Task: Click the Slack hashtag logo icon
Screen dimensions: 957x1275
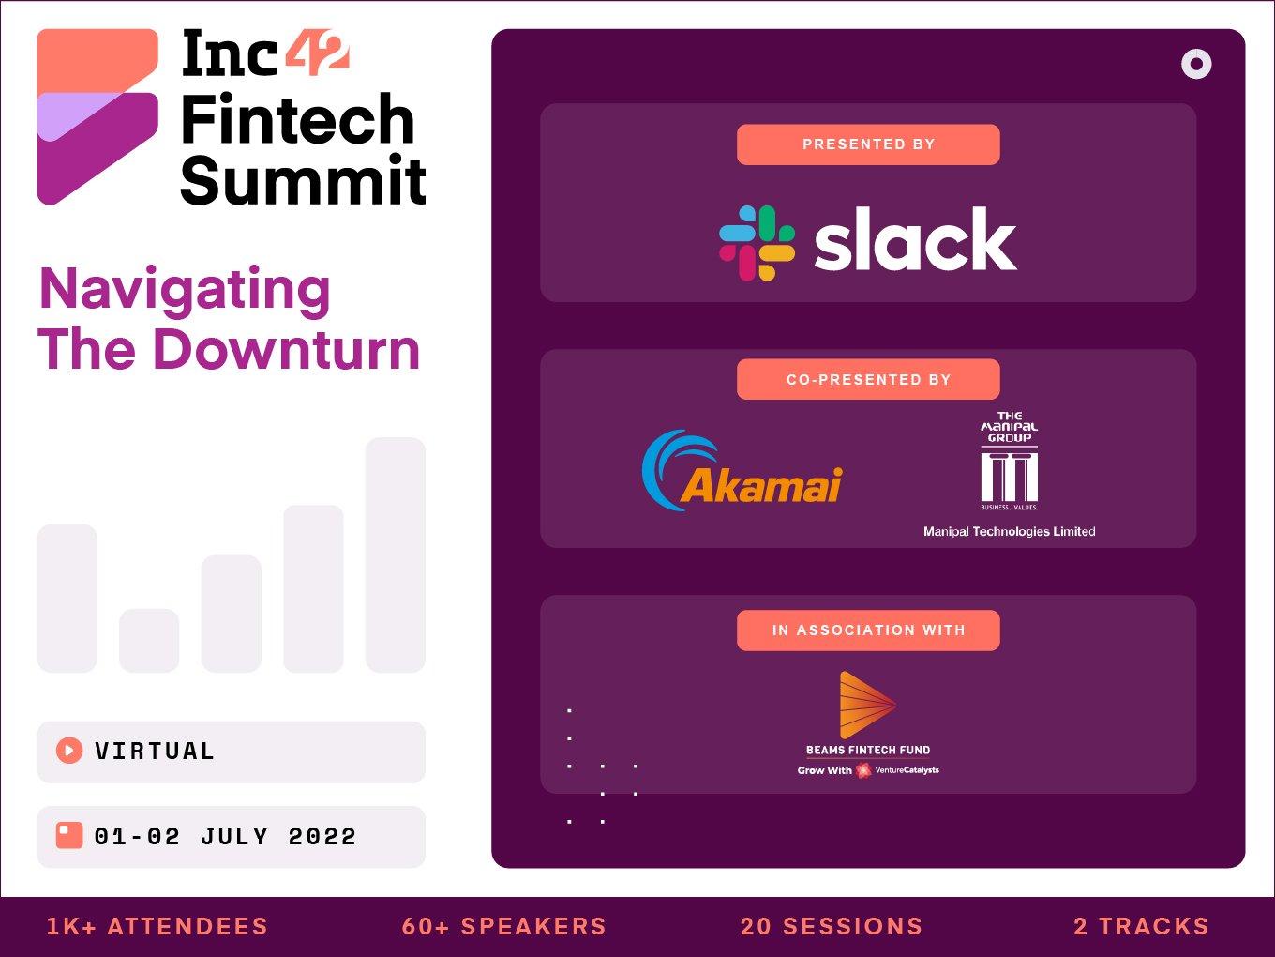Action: [757, 243]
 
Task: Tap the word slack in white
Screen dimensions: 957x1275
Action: [915, 240]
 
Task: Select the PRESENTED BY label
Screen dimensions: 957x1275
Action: [868, 144]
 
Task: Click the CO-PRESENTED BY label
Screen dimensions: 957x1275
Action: [868, 379]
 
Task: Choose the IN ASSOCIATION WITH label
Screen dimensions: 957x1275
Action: [868, 630]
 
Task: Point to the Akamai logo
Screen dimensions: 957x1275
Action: [742, 472]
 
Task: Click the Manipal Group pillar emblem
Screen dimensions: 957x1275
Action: [1009, 476]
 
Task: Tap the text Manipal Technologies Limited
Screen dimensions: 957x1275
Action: [1009, 531]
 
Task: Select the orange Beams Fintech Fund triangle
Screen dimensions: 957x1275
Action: [864, 705]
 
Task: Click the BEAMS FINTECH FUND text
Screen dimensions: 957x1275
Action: [868, 750]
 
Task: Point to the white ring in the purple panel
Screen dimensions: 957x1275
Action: [1196, 64]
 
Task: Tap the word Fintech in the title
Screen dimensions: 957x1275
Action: [297, 120]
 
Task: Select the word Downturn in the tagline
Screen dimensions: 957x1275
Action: [286, 350]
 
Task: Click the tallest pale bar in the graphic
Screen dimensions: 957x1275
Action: [395, 554]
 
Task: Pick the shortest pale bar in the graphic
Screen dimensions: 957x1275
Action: [149, 640]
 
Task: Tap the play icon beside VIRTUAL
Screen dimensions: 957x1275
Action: [69, 751]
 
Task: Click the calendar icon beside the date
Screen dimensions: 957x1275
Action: [69, 835]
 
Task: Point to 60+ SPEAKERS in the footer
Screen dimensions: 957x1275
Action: [504, 926]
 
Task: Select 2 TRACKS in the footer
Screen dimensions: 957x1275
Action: [1141, 926]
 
